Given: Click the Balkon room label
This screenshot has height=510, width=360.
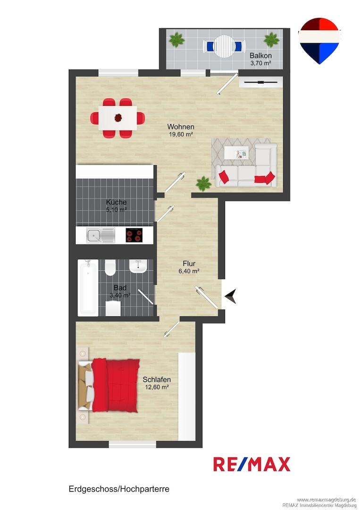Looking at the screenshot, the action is tap(260, 56).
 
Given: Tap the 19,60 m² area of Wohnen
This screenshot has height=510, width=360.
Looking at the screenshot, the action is tap(181, 134).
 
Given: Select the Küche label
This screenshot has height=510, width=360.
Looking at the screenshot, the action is tap(117, 202).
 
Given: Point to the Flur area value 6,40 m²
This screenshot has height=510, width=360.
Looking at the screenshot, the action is tap(189, 271).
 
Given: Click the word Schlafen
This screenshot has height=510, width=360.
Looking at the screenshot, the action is tap(157, 379).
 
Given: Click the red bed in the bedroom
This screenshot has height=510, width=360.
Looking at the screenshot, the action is tap(115, 385).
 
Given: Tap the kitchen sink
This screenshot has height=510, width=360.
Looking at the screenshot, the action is tap(100, 235).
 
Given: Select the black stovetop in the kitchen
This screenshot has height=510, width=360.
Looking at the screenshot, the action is tap(134, 235).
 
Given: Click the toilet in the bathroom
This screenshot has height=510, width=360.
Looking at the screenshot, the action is tap(110, 267).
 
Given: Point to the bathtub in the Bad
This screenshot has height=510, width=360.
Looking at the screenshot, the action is tap(88, 288).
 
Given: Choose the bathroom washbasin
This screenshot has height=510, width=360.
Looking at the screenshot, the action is tap(138, 266).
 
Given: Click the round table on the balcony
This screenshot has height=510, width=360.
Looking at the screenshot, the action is tap(224, 46).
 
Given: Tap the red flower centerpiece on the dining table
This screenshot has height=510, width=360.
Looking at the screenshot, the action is tap(117, 118).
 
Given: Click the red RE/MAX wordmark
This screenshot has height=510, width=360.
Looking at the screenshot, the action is tap(252, 464).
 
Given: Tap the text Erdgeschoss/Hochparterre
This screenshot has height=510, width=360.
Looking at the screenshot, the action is tap(119, 489).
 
